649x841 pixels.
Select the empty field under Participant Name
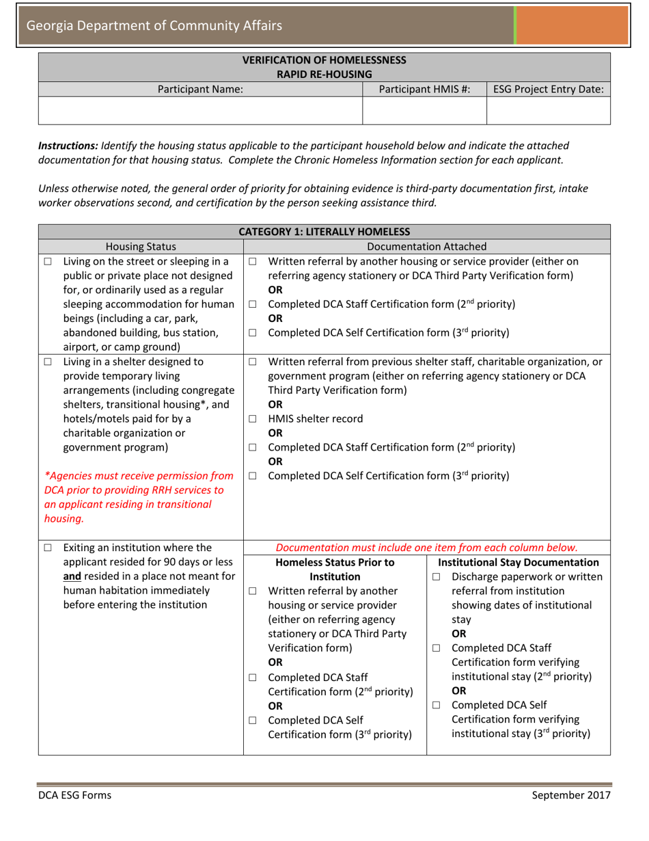point(200,111)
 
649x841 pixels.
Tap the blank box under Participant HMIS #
point(424,111)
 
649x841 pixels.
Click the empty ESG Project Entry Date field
point(548,111)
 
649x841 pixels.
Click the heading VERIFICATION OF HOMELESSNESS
point(324,60)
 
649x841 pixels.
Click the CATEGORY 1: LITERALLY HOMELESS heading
point(324,232)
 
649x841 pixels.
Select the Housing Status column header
point(141,246)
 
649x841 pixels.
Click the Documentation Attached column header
point(426,246)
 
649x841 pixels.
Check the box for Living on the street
point(48,261)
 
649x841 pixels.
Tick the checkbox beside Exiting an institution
point(48,548)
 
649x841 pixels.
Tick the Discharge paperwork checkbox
point(437,578)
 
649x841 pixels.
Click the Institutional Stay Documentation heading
point(519,563)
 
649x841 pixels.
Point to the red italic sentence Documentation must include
point(426,548)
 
